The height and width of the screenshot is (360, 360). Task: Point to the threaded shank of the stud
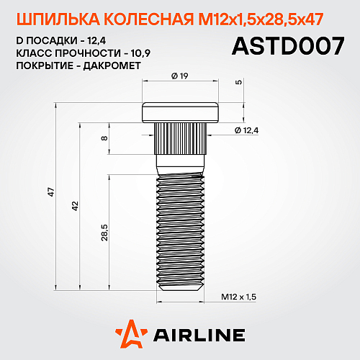180,230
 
